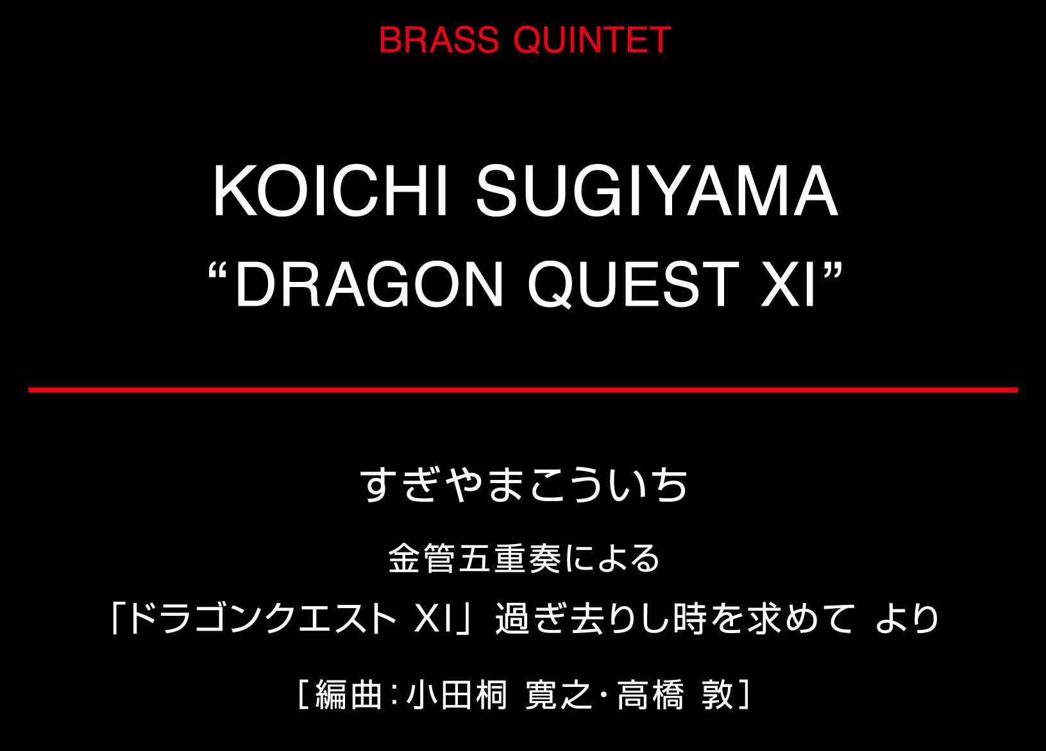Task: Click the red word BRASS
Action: (439, 40)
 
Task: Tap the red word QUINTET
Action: (592, 40)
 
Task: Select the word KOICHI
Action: (331, 191)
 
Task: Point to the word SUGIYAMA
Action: (657, 191)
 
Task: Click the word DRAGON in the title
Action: (369, 284)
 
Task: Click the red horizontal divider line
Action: (523, 390)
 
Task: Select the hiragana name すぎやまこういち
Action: (523, 485)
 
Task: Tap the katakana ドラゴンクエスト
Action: (262, 619)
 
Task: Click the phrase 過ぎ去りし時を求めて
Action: (675, 619)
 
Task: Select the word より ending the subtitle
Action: (907, 619)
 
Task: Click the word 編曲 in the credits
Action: (348, 695)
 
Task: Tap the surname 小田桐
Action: (457, 695)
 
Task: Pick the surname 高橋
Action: (651, 695)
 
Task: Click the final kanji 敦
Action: (718, 695)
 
